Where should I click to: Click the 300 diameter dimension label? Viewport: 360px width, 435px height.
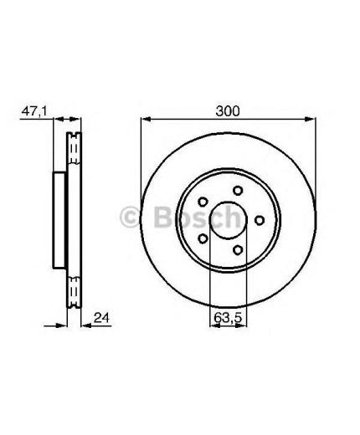click(x=228, y=111)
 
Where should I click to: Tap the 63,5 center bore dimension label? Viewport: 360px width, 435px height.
click(x=228, y=318)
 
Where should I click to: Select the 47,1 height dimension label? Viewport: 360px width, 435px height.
click(x=34, y=111)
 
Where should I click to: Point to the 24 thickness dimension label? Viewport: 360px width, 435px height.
click(x=102, y=318)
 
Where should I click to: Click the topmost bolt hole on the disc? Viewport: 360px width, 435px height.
click(x=238, y=191)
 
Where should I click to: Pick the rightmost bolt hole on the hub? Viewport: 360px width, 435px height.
click(x=260, y=220)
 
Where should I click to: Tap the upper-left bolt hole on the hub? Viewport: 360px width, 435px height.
click(x=203, y=202)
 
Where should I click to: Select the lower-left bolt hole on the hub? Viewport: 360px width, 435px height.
click(x=203, y=238)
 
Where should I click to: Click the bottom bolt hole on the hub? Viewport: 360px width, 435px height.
click(x=238, y=250)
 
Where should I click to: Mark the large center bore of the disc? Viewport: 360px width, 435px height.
click(x=228, y=220)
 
